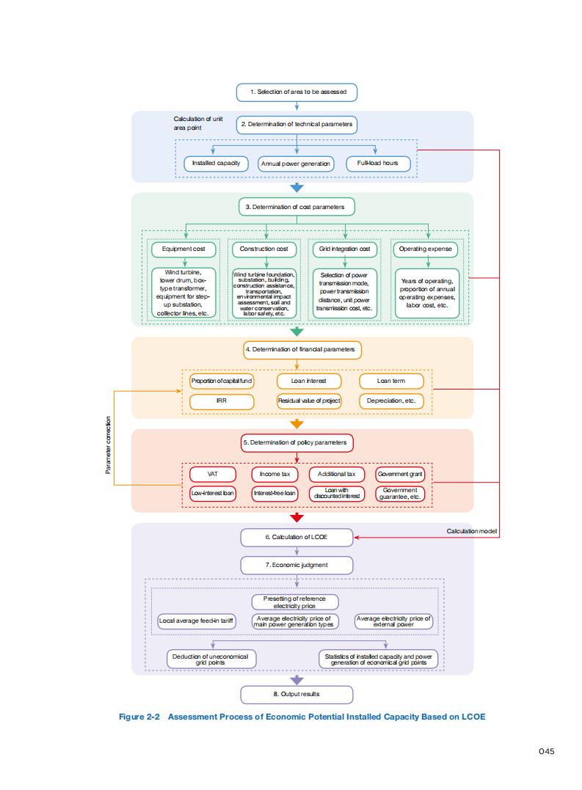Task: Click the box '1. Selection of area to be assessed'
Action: [297, 92]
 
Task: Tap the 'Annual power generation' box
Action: [296, 164]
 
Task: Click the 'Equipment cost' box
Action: [184, 249]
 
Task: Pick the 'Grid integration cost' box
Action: [344, 249]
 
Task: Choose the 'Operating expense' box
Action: [425, 249]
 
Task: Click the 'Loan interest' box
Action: [308, 381]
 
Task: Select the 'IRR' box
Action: [222, 401]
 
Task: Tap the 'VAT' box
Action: [212, 474]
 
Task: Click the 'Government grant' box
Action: [400, 475]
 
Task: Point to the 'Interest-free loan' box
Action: [275, 494]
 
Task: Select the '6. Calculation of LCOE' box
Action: [297, 537]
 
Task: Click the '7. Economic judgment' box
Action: [297, 565]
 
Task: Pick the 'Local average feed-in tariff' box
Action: [197, 621]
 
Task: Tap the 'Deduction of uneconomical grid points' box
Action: [211, 659]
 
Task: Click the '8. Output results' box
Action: [297, 694]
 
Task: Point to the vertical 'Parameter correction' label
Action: [109, 445]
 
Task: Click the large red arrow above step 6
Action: [297, 518]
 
